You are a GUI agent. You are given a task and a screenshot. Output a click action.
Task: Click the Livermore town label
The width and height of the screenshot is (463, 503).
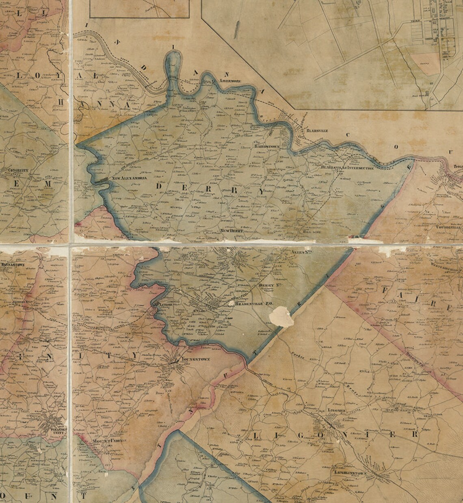pos(231,82)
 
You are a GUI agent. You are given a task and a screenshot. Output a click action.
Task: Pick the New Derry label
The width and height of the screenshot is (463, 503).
pos(232,231)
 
